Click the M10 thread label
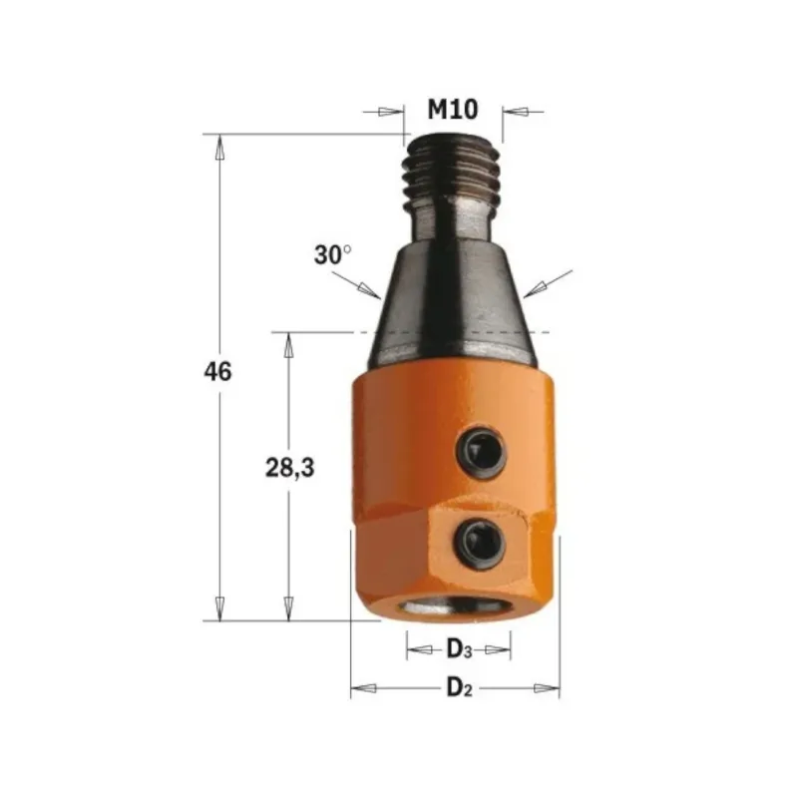pos(453,110)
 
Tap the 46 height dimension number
pos(217,371)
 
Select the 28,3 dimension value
pos(290,467)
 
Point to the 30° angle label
pos(332,255)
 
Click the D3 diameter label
pos(459,649)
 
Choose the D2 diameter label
pos(459,688)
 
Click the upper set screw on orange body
pos(481,451)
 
